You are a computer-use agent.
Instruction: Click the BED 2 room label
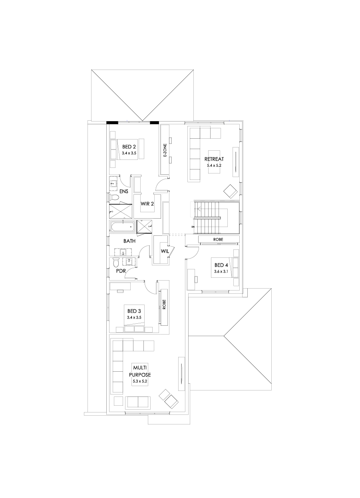[129, 147]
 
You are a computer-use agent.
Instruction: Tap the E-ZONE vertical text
[165, 150]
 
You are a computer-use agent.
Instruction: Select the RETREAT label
[214, 159]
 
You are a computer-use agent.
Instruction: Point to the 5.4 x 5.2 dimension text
[214, 165]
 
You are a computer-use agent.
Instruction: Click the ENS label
[123, 191]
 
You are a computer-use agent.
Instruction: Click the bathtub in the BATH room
[122, 227]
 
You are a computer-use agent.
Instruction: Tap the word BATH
[129, 241]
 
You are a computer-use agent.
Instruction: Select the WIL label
[165, 251]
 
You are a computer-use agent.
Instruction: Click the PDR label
[121, 271]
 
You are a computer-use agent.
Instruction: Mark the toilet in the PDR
[116, 262]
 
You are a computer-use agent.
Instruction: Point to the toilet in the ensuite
[114, 197]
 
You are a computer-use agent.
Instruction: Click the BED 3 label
[134, 311]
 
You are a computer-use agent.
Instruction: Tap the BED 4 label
[221, 265]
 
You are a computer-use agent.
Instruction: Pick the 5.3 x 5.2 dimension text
[140, 381]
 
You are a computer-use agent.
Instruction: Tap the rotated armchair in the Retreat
[231, 191]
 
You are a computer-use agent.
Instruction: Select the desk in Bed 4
[191, 279]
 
